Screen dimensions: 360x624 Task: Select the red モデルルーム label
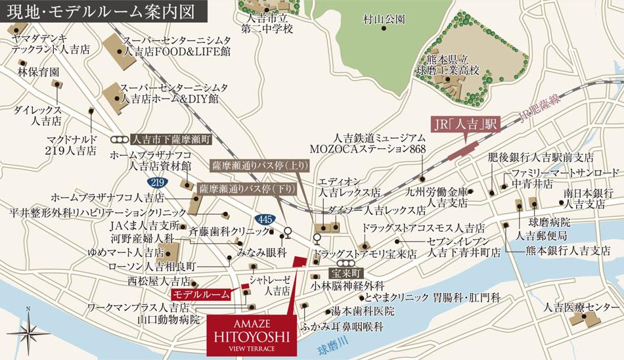[x=201, y=294]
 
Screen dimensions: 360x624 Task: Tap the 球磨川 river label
[x=327, y=341]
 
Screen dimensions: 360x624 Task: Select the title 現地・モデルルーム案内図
[x=79, y=11]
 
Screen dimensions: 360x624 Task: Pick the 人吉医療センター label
[x=577, y=307]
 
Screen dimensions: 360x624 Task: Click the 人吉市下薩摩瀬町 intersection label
[x=170, y=140]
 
